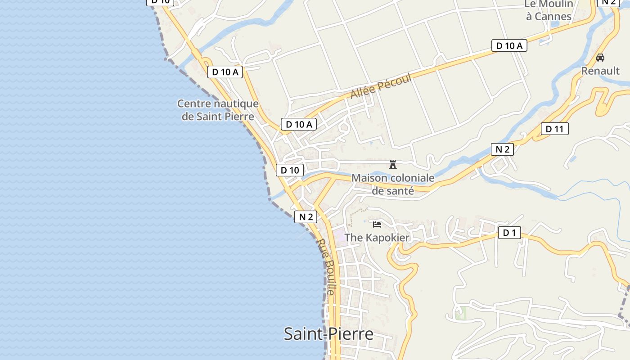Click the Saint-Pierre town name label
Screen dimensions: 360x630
(x=328, y=334)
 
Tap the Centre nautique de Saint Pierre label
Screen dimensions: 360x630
(x=218, y=110)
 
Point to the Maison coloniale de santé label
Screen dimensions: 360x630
(x=393, y=184)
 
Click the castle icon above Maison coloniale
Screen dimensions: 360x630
(x=393, y=165)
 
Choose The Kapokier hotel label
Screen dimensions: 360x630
(x=377, y=238)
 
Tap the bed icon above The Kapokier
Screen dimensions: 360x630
(x=377, y=224)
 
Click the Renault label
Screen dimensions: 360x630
(x=600, y=71)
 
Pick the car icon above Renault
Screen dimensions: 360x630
(x=600, y=58)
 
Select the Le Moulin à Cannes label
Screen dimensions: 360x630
(x=549, y=10)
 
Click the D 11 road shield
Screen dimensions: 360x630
(x=554, y=129)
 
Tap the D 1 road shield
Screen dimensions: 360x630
(x=509, y=233)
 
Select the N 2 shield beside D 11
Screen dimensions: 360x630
(x=502, y=149)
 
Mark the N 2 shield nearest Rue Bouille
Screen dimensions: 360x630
(x=306, y=217)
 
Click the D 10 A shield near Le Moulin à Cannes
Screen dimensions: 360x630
(x=509, y=45)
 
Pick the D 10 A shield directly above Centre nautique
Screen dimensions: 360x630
(x=225, y=72)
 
